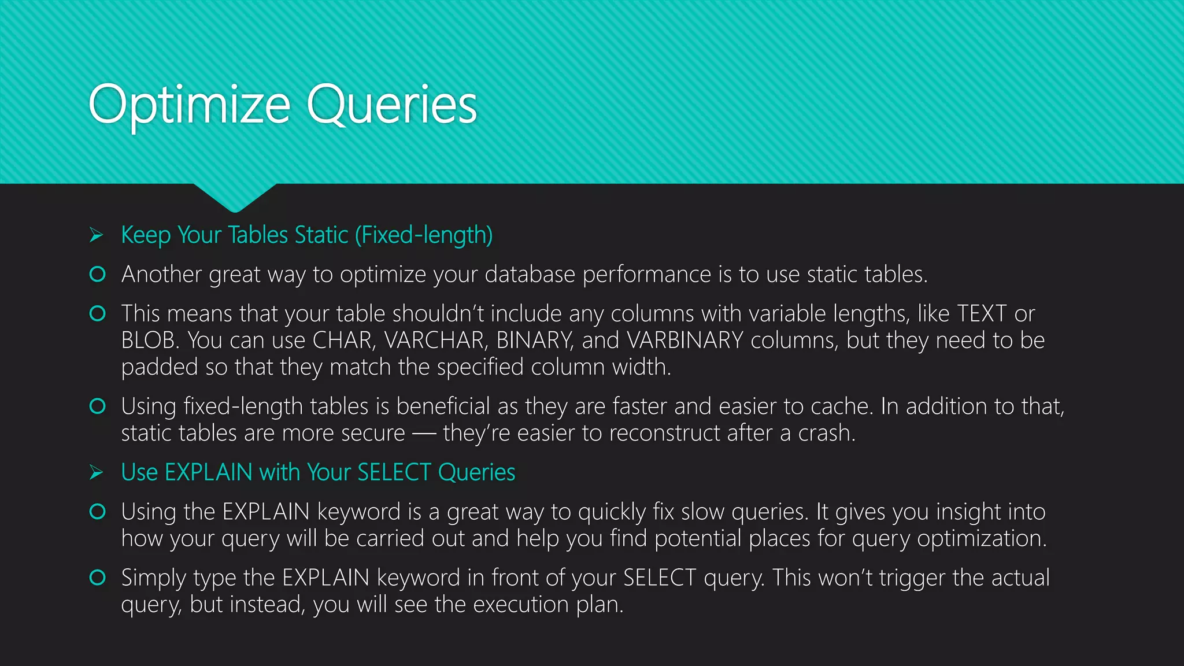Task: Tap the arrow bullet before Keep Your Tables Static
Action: (x=97, y=235)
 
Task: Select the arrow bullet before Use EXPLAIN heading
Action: (x=97, y=473)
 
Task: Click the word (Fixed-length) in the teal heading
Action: (x=424, y=235)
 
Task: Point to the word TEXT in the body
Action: (x=982, y=314)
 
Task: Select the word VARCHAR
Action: (x=434, y=341)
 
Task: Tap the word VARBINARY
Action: (x=685, y=341)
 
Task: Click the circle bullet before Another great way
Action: (x=98, y=274)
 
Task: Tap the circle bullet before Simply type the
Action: (x=98, y=578)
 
